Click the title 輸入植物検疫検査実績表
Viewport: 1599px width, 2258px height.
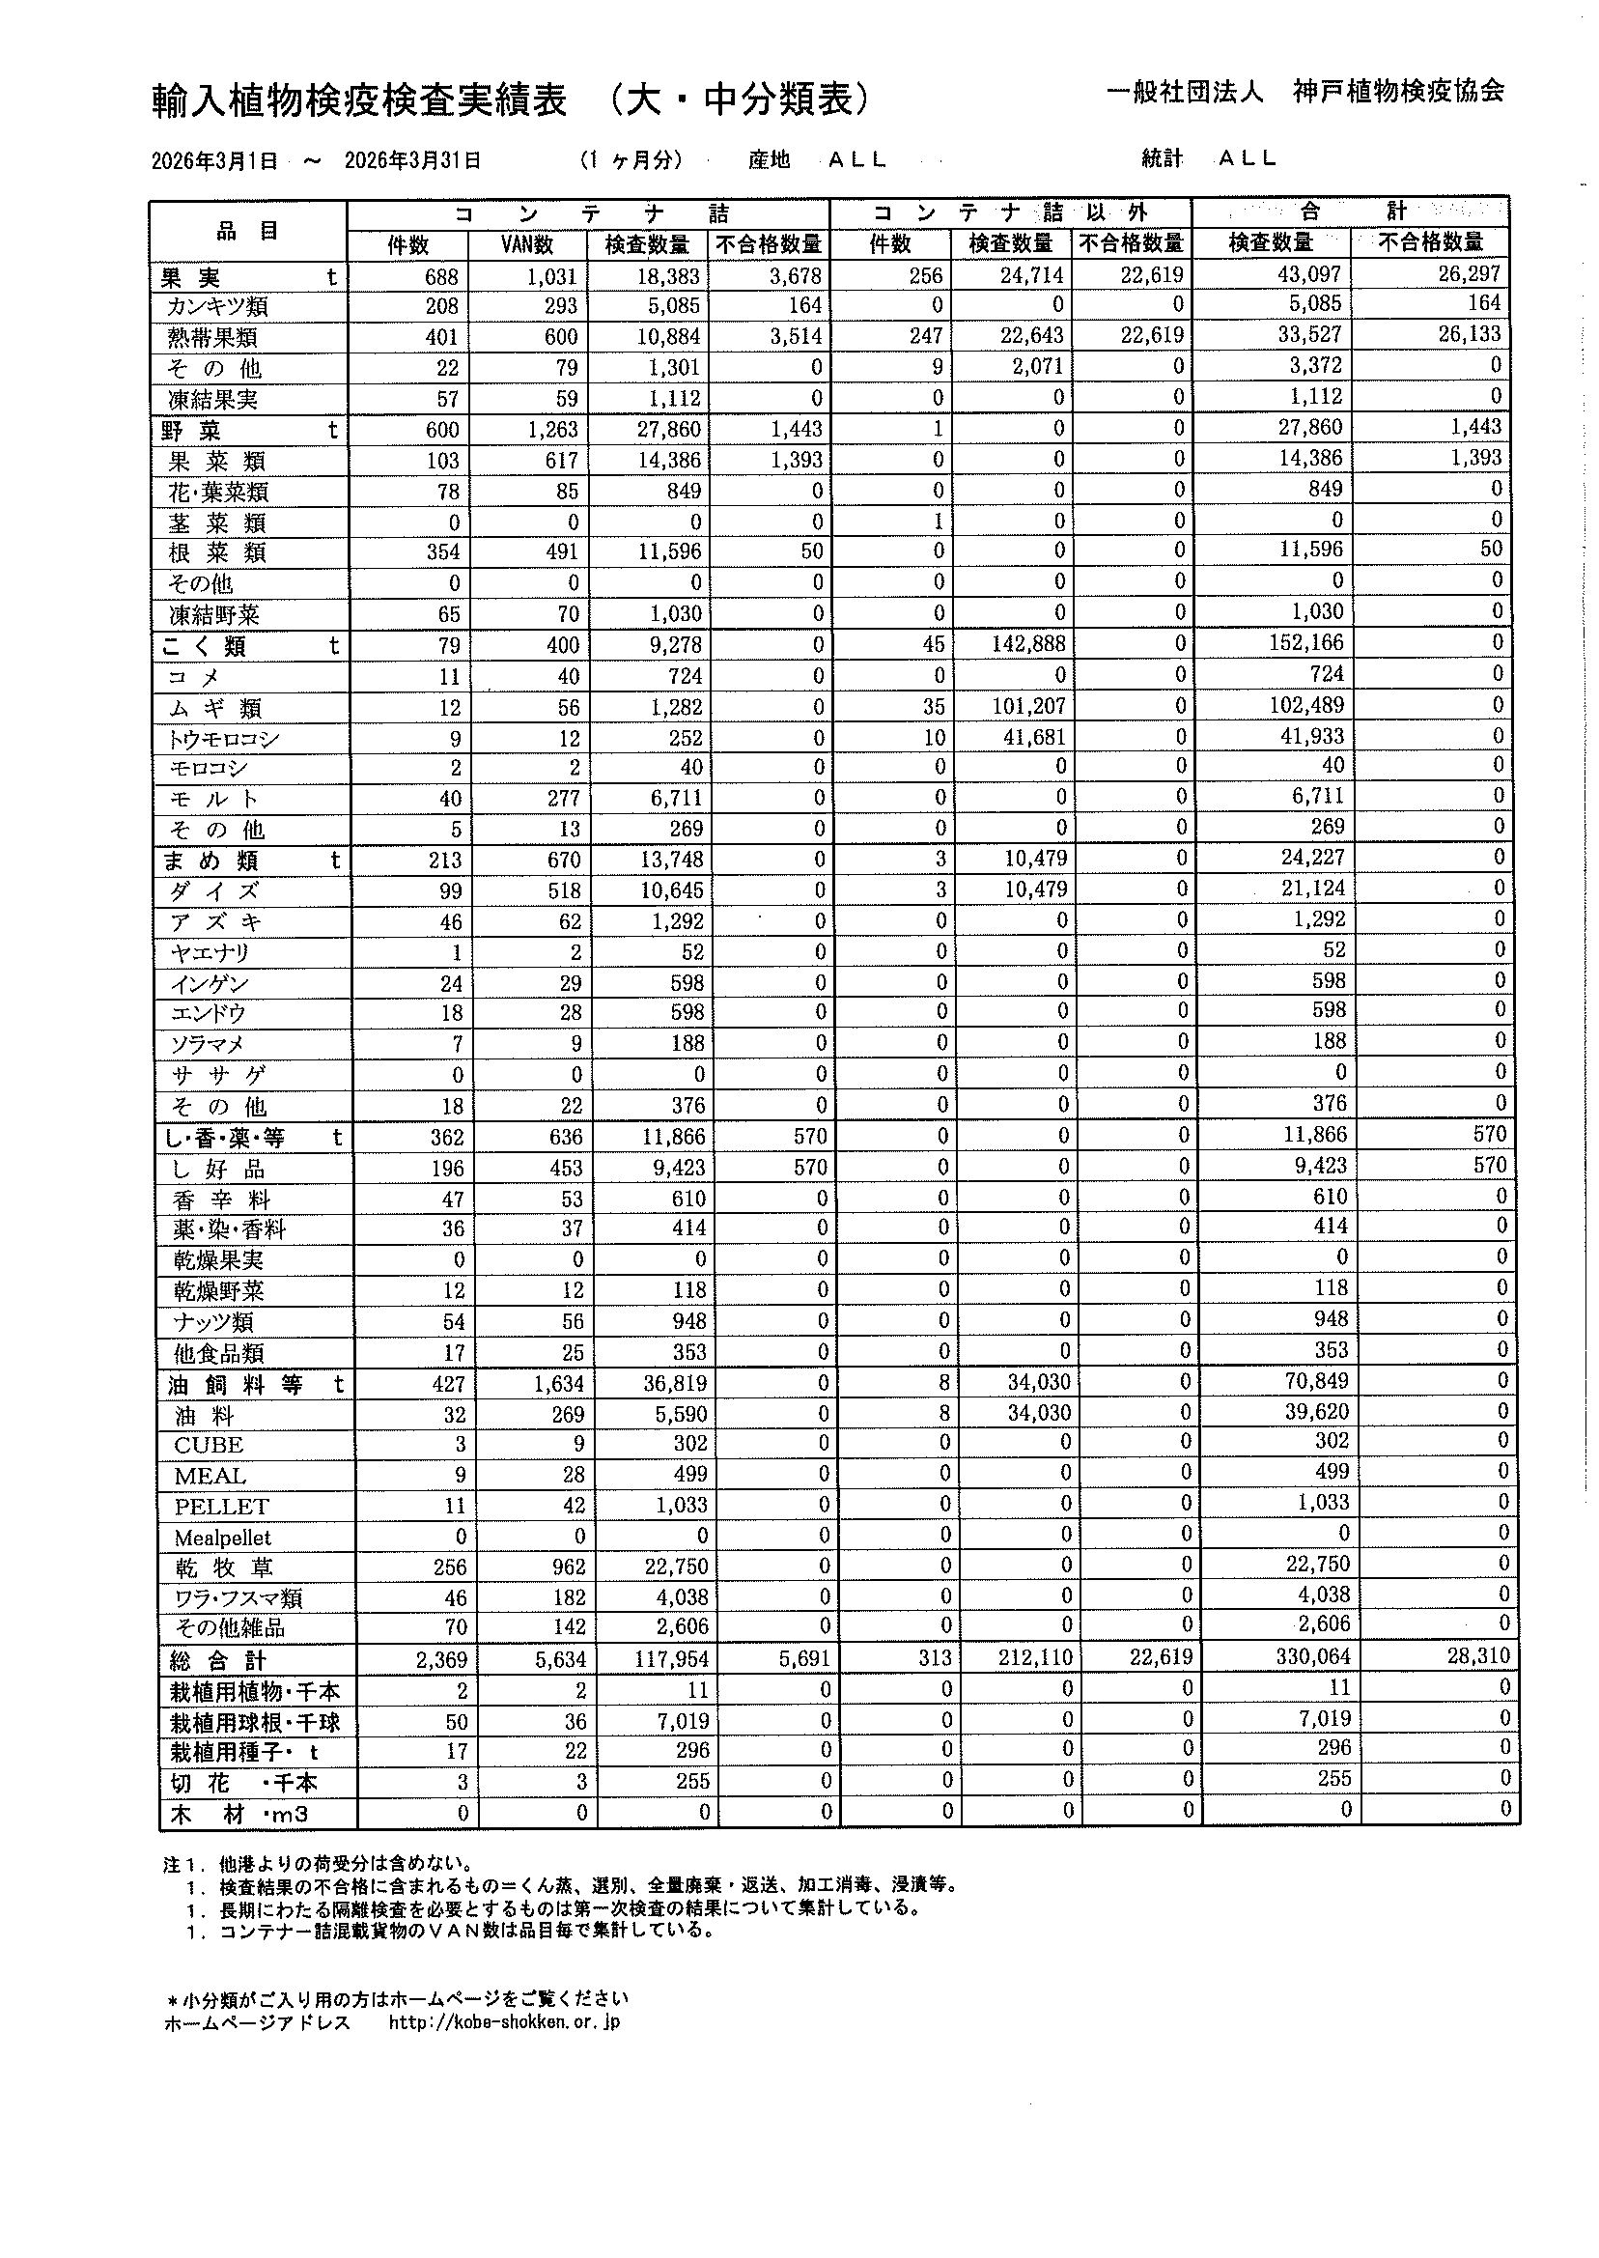[x=359, y=100]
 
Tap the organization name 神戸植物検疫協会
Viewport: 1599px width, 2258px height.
[x=1397, y=92]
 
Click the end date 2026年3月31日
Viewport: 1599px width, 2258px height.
[x=412, y=160]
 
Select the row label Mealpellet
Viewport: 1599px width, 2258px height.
[x=222, y=1538]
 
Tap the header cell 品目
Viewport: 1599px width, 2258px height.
[x=247, y=232]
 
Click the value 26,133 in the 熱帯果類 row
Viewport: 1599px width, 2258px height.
[x=1469, y=334]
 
